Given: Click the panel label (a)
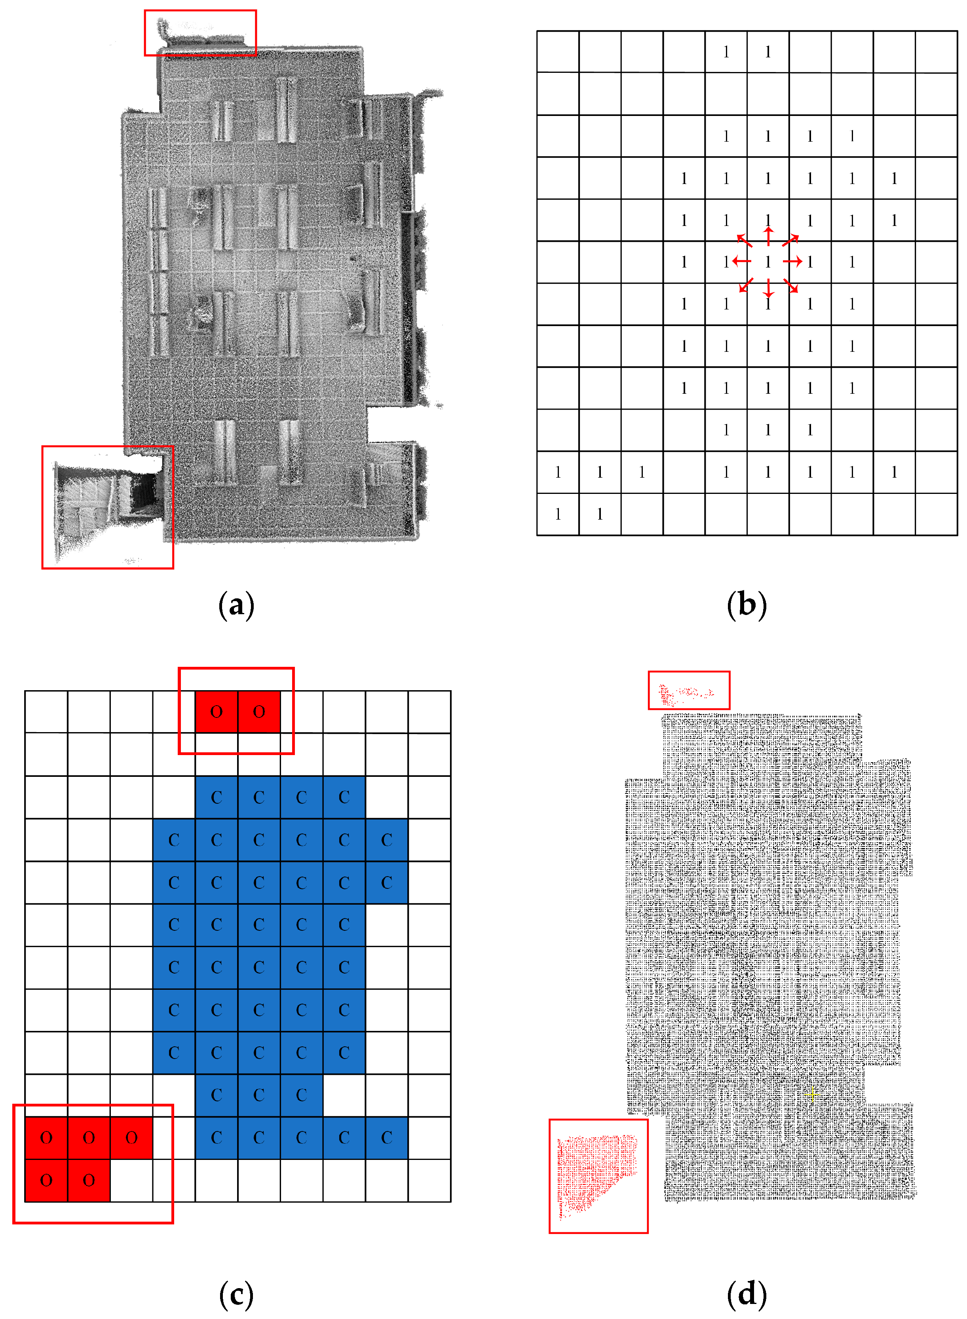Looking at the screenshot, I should [236, 605].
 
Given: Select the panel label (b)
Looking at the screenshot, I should [746, 605].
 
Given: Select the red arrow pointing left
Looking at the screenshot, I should [742, 261].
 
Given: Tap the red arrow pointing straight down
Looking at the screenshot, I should [768, 288].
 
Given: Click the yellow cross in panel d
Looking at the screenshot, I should [811, 1094].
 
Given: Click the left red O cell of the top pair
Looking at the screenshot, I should [217, 712].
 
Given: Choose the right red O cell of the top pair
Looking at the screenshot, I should [259, 712].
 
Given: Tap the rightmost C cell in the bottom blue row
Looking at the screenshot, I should [386, 1138].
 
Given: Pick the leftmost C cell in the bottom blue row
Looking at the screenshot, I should [217, 1138].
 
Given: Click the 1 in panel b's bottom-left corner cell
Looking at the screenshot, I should [558, 514].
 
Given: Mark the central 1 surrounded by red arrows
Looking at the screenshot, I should [768, 262].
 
